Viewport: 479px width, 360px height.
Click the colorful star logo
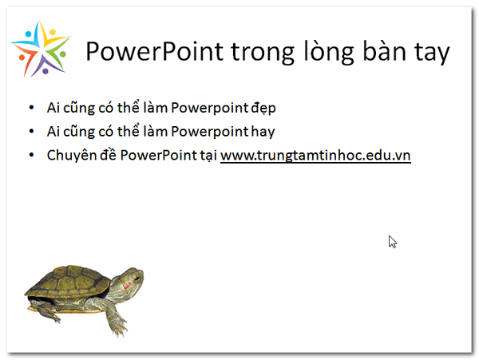point(41,48)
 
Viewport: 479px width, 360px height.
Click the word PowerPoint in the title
point(155,51)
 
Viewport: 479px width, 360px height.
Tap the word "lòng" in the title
point(329,52)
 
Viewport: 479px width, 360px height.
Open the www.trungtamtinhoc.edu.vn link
point(315,156)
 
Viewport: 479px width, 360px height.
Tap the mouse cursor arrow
point(393,242)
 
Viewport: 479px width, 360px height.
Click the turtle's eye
point(137,278)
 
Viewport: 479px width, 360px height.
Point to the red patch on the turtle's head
point(127,286)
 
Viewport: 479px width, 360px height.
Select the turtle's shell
point(68,282)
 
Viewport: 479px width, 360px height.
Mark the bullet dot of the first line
point(31,108)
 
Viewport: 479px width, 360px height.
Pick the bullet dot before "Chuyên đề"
point(31,155)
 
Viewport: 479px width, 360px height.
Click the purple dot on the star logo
point(46,72)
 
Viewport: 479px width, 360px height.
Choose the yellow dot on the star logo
point(53,32)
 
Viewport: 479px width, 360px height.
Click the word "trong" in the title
point(263,53)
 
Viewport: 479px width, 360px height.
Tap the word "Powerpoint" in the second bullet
point(209,132)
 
